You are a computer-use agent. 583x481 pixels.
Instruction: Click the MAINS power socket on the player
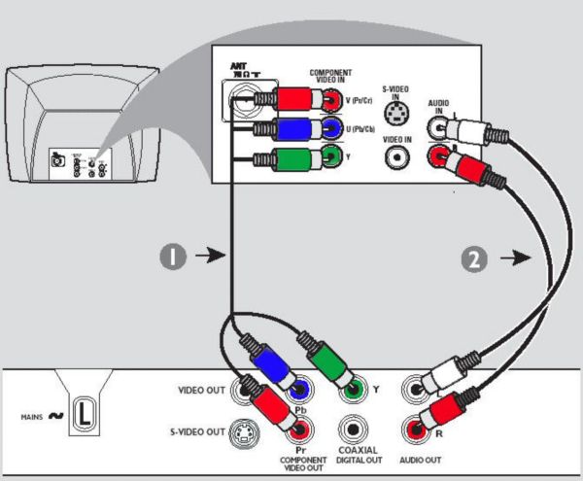[85, 414]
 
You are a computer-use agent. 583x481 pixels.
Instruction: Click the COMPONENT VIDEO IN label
[330, 77]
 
